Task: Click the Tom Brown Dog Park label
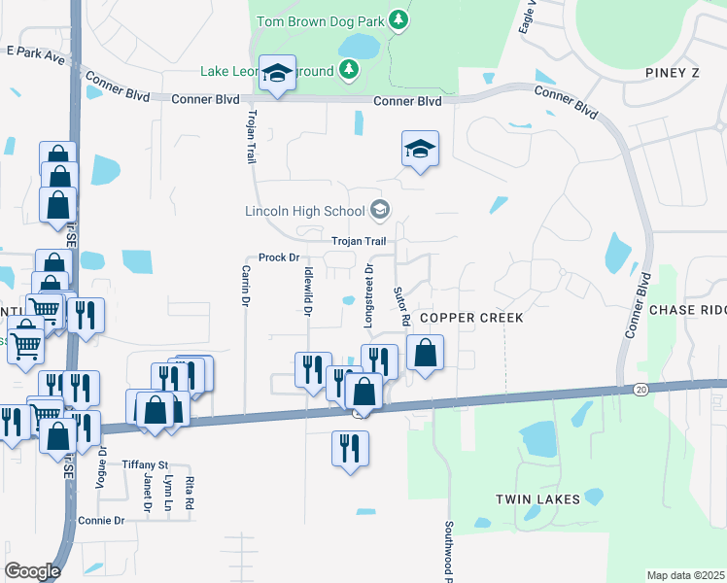(x=320, y=19)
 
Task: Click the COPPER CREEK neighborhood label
(x=471, y=318)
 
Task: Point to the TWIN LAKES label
(x=537, y=499)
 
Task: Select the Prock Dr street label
(x=278, y=257)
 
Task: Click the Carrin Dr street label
(x=245, y=287)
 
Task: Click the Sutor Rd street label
(x=398, y=305)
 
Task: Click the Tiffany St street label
(x=146, y=464)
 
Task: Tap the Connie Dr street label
(x=102, y=521)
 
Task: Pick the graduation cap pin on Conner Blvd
(x=277, y=73)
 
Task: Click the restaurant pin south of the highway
(x=350, y=447)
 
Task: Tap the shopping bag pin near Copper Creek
(x=425, y=353)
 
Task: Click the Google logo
(x=32, y=571)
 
